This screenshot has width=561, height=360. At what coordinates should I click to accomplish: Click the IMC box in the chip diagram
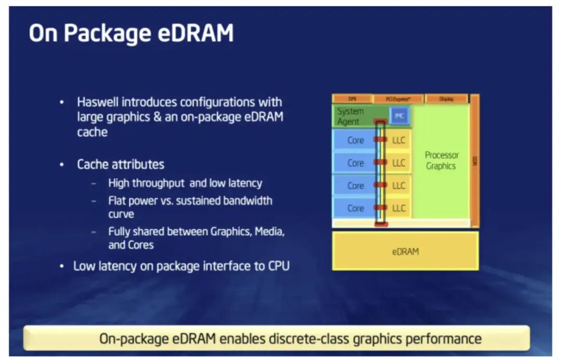click(x=399, y=116)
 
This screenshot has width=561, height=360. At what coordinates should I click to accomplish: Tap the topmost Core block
click(x=355, y=140)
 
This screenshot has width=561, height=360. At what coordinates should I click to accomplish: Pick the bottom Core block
click(x=355, y=208)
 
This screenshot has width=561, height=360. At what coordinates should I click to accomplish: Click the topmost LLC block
click(x=399, y=140)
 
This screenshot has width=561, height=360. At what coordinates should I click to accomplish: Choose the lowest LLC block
click(x=399, y=208)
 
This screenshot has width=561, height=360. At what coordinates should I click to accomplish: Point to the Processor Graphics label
click(x=441, y=161)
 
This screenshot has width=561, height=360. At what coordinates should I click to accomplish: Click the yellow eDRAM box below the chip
click(x=405, y=251)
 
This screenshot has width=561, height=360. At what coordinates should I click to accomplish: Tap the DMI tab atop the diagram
click(x=352, y=99)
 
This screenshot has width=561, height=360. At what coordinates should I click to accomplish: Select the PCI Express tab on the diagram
click(x=398, y=99)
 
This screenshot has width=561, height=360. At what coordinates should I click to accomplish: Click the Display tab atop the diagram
click(x=446, y=99)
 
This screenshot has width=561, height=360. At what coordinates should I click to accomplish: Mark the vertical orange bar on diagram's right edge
click(x=474, y=161)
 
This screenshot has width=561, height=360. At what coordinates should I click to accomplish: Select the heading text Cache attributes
click(x=121, y=165)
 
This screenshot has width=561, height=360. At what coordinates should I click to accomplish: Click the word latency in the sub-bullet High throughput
click(x=244, y=183)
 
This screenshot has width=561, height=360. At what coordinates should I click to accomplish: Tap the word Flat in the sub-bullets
click(x=117, y=201)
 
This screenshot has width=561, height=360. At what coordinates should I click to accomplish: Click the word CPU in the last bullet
click(x=277, y=266)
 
